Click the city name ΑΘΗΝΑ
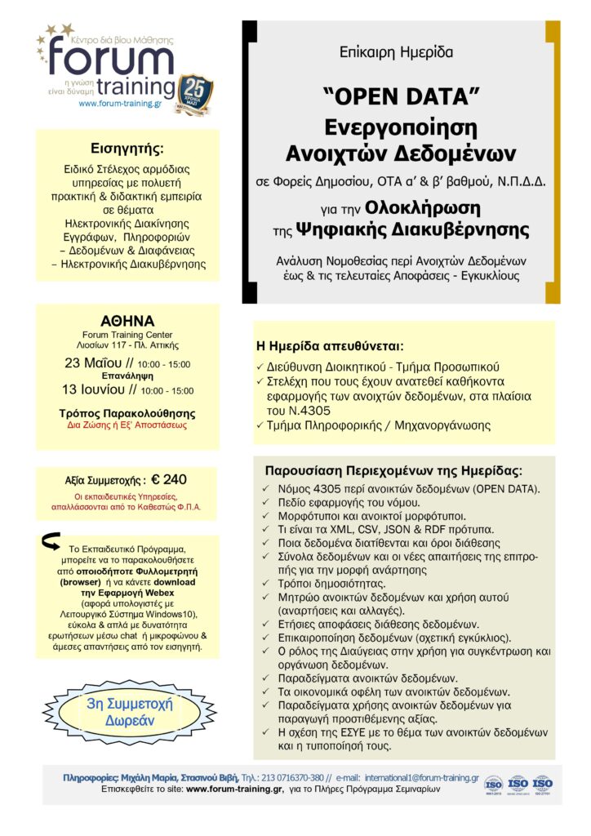[x=127, y=320]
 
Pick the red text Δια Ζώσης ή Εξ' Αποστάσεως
[x=127, y=425]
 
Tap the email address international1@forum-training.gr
[x=421, y=778]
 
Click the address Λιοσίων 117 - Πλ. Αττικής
[x=127, y=345]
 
